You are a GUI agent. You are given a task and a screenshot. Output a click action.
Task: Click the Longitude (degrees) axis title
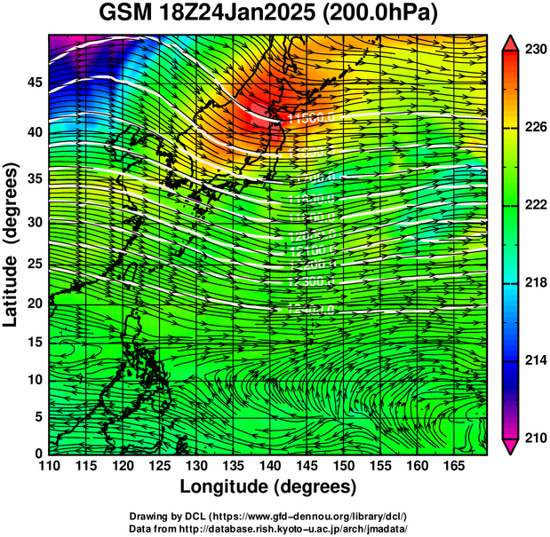click(x=268, y=486)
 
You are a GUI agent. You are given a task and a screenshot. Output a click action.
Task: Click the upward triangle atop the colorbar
click(x=512, y=42)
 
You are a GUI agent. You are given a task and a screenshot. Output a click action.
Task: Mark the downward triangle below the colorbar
click(x=512, y=446)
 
